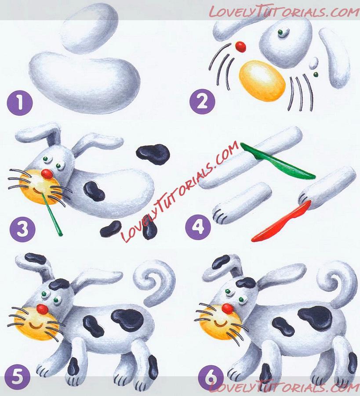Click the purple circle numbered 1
point(20,103)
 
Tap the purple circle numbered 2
point(202,101)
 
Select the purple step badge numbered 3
point(22,230)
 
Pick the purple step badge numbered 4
point(198,227)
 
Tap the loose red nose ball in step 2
point(240,47)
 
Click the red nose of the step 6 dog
point(228,308)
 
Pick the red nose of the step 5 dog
point(42,309)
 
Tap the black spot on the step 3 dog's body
point(94,191)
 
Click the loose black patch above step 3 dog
point(153,154)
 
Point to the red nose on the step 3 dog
point(47,174)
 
